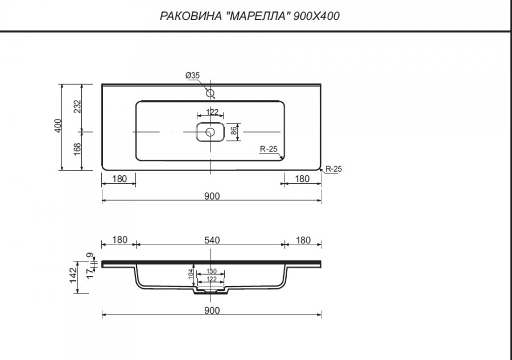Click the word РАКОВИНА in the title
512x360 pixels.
pyautogui.click(x=191, y=16)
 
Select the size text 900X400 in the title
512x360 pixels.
pyautogui.click(x=316, y=16)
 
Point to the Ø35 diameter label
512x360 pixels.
pyautogui.click(x=192, y=76)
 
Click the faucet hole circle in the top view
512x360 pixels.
pyautogui.click(x=210, y=93)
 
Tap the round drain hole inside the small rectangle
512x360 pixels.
pyautogui.click(x=210, y=132)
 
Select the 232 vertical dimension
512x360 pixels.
pyautogui.click(x=77, y=107)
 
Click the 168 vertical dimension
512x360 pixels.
pyautogui.click(x=77, y=150)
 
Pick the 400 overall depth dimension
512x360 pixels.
pyautogui.click(x=57, y=126)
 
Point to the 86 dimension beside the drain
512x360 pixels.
pyautogui.click(x=233, y=131)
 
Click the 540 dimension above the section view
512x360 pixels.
pyautogui.click(x=212, y=240)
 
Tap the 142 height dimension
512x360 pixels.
pyautogui.click(x=73, y=275)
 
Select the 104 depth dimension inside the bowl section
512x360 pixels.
pyautogui.click(x=191, y=274)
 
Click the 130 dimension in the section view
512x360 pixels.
pyautogui.click(x=212, y=271)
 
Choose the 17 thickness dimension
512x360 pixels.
pyautogui.click(x=89, y=274)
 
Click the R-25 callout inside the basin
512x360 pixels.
pyautogui.click(x=269, y=149)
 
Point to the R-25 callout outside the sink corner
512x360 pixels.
pyautogui.click(x=334, y=169)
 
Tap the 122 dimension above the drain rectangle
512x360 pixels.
pyautogui.click(x=212, y=112)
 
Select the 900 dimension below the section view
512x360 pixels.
pyautogui.click(x=212, y=311)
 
